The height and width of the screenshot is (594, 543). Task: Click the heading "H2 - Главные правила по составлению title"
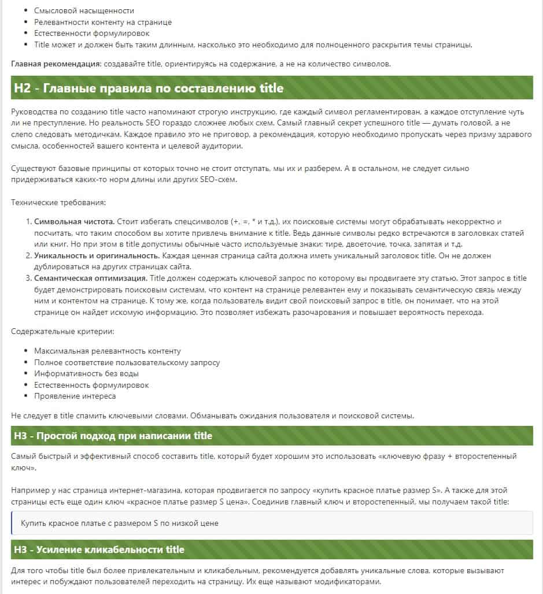pos(149,88)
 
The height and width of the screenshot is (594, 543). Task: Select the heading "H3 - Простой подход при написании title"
pos(113,436)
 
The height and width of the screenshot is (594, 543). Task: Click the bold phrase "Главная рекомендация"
pos(56,64)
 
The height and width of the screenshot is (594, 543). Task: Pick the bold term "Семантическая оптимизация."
pos(91,279)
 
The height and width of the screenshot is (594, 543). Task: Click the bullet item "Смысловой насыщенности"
pos(84,11)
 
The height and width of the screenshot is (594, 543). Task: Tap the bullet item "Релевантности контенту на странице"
pos(103,23)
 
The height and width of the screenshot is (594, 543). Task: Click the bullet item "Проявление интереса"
pos(75,396)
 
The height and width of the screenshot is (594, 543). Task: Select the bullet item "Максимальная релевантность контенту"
pos(107,351)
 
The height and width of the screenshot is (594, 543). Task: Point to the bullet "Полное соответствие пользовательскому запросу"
pos(127,362)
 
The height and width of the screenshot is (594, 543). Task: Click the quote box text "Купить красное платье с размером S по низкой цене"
pos(119,524)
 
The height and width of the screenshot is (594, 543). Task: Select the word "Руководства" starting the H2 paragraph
pos(34,113)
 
